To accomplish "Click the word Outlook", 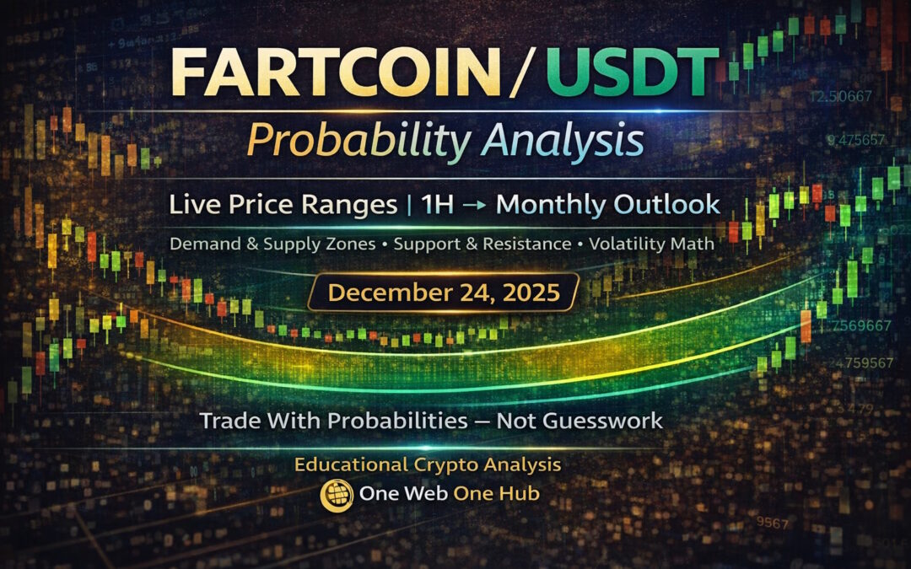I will point(670,204).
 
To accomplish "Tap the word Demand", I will point(201,244).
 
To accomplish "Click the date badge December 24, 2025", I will point(444,293).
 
